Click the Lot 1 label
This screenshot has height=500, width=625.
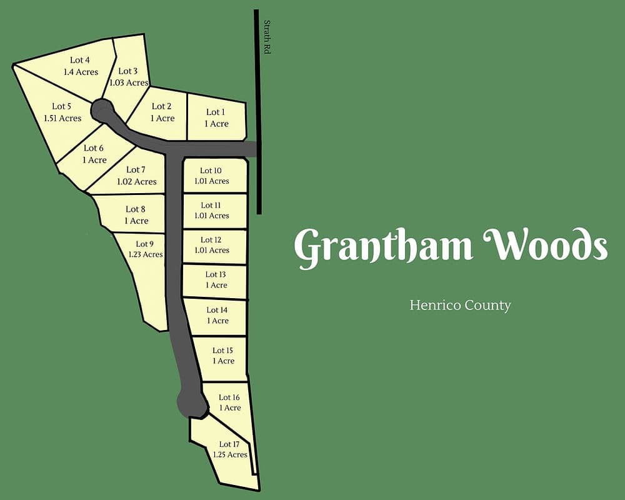click(x=215, y=112)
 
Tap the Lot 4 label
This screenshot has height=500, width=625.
click(x=80, y=60)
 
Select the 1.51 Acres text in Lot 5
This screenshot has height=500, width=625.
click(x=62, y=118)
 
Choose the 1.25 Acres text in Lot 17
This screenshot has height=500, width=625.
click(x=230, y=455)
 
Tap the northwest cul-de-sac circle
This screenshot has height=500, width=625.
click(x=102, y=111)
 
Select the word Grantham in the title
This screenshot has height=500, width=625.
click(x=382, y=246)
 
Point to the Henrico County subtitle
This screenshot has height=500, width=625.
click(x=460, y=306)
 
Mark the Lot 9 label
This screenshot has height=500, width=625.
click(x=144, y=244)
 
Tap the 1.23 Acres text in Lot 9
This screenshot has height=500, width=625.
click(x=146, y=254)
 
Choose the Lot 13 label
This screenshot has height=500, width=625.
click(x=216, y=274)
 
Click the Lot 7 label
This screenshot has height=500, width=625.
click(x=136, y=170)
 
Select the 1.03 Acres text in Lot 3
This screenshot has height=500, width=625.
click(x=129, y=82)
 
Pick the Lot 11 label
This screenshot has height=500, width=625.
click(x=211, y=205)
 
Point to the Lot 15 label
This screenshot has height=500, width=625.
click(x=222, y=351)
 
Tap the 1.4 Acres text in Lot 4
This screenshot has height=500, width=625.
click(x=81, y=72)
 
